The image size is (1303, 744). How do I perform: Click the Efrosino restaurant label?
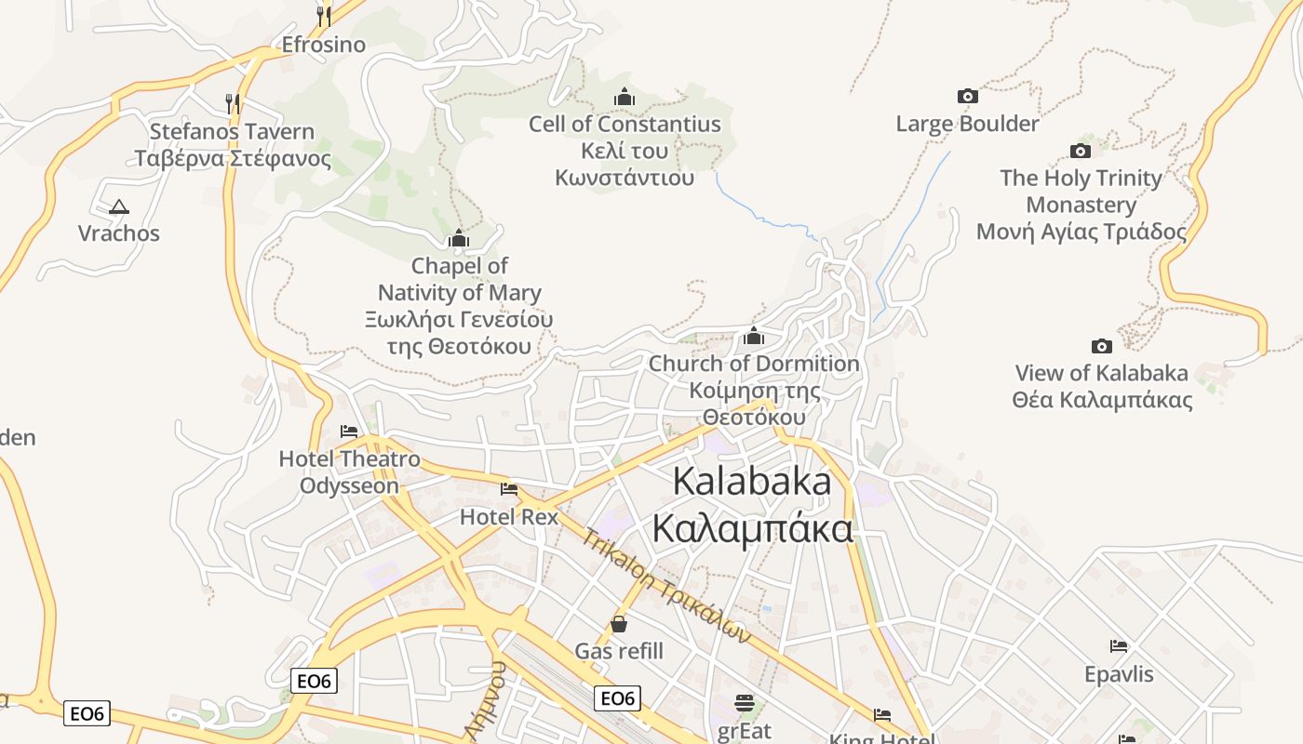(x=323, y=45)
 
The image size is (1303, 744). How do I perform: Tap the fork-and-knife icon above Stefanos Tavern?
(x=233, y=103)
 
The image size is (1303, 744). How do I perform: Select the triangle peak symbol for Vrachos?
(x=118, y=206)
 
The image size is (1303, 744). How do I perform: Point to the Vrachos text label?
(x=118, y=232)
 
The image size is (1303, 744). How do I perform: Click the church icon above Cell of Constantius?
(x=625, y=97)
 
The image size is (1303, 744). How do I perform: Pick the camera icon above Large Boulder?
(x=968, y=96)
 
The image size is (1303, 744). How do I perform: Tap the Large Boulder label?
(x=967, y=124)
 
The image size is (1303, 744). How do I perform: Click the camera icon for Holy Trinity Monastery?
(x=1081, y=151)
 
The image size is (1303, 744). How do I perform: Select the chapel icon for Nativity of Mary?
(x=458, y=239)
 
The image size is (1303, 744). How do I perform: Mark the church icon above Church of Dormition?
(x=754, y=336)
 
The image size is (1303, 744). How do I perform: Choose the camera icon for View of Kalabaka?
(x=1101, y=346)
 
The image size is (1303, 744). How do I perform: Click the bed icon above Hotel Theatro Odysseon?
(x=349, y=432)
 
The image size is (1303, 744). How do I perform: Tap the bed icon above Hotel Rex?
(x=509, y=489)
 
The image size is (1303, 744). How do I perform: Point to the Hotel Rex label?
(x=509, y=516)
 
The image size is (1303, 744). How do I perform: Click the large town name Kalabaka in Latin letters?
(x=751, y=481)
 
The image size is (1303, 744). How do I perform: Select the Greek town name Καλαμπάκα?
(x=752, y=528)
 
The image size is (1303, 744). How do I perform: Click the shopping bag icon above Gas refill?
(x=619, y=624)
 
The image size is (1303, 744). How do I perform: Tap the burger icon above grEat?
(x=744, y=702)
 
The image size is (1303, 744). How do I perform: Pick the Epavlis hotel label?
(x=1119, y=673)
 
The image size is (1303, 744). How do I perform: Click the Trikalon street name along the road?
(x=665, y=586)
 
